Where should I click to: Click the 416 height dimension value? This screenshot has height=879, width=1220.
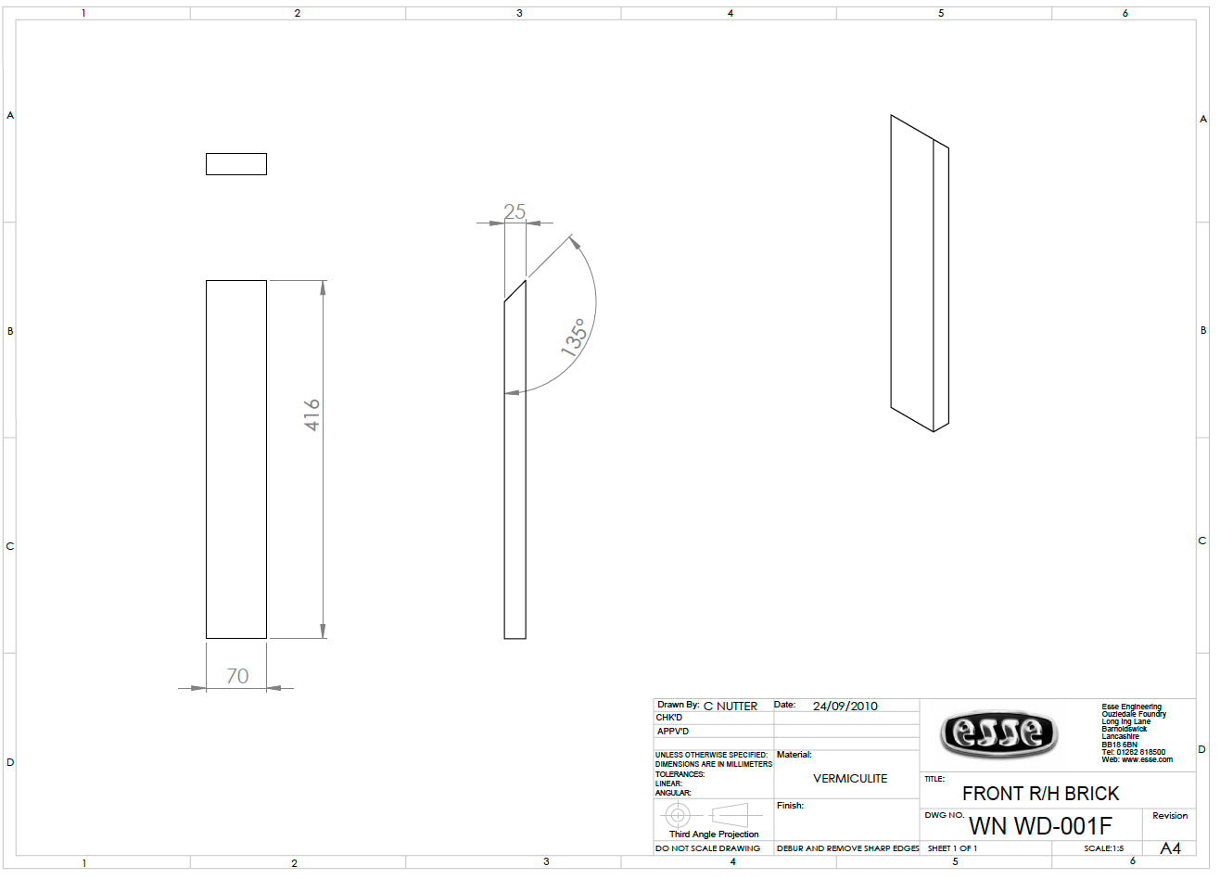tap(312, 414)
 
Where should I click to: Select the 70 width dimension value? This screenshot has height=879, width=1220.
tap(237, 676)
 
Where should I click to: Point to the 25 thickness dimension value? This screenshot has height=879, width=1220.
tap(515, 211)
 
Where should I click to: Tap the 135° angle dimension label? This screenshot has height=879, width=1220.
tap(575, 337)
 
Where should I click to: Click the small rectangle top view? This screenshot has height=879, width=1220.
tap(236, 164)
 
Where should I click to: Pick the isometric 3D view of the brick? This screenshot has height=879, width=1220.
tap(920, 274)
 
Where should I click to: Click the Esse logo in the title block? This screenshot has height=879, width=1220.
tap(998, 733)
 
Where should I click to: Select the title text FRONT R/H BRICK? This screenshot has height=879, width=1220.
tap(1040, 794)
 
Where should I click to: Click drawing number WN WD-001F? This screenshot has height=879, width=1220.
tap(1040, 826)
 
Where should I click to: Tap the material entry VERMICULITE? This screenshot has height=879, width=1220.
tap(850, 779)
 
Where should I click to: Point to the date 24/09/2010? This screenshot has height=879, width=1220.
tap(845, 707)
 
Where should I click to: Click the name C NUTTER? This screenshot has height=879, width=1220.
tap(731, 707)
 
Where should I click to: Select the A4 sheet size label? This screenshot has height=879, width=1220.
tap(1170, 848)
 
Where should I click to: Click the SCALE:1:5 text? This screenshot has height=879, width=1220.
tap(1103, 848)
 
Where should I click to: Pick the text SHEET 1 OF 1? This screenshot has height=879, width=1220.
tap(952, 848)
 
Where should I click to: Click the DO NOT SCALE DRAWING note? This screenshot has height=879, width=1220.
tap(707, 848)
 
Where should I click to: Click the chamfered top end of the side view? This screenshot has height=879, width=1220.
tap(515, 290)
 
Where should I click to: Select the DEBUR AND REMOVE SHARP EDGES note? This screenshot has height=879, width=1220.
tap(847, 848)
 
